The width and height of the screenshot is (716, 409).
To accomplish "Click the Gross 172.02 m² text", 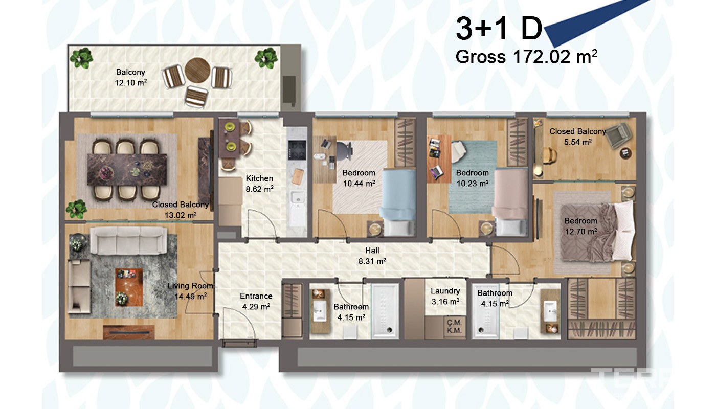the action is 526,57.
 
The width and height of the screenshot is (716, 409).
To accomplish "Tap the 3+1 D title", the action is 499,29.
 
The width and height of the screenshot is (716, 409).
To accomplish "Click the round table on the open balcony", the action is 197,71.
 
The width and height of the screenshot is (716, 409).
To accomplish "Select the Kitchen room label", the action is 259,178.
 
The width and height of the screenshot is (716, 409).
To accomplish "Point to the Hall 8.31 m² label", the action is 372,256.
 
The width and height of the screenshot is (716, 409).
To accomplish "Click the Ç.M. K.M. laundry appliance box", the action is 454,327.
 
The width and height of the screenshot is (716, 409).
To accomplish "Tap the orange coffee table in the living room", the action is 129,287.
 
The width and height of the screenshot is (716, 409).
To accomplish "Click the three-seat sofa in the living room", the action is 128,240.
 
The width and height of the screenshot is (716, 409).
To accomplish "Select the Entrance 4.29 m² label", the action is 256,301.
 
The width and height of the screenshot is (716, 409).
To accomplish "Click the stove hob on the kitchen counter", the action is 297,149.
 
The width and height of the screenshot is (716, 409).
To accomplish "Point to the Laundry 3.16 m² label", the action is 445,296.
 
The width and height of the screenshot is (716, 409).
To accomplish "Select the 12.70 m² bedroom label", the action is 581,226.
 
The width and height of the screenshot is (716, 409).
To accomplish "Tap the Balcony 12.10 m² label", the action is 131,77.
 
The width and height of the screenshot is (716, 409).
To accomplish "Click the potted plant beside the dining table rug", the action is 77,209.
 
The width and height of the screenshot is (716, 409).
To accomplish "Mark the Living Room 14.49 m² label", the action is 190,291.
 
